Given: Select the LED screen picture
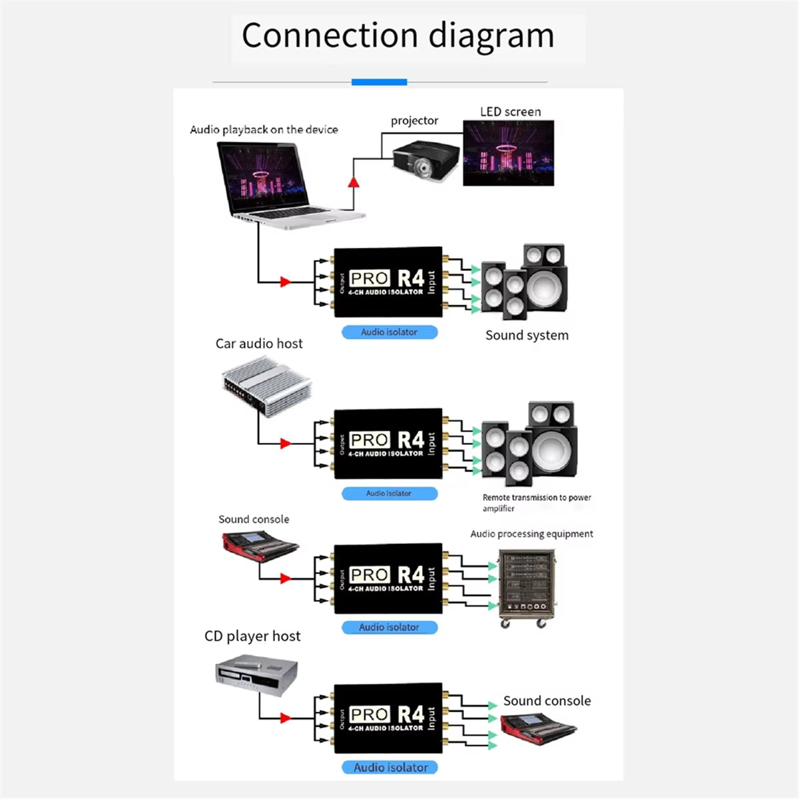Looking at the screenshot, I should click(509, 153).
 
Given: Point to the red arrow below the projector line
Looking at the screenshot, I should click(354, 182).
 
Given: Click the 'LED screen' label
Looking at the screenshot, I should click(511, 112).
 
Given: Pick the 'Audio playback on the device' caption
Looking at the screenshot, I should click(264, 130).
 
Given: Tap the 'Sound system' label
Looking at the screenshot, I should click(527, 336).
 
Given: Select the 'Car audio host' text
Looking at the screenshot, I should click(259, 344).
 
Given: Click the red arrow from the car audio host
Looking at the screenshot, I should click(286, 443).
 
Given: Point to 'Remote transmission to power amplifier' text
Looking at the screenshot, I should click(536, 503).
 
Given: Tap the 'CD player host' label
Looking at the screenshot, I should click(252, 637).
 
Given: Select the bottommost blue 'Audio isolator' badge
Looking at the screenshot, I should click(390, 768).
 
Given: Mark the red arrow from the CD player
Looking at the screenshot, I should click(286, 718).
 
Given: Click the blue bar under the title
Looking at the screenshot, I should click(379, 82).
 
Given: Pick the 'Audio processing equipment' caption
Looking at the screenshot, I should click(531, 534).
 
